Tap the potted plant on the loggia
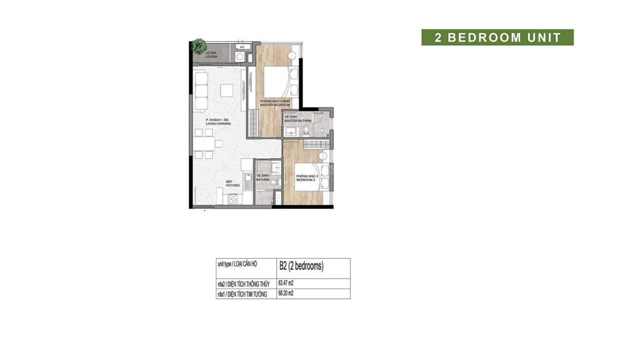199,45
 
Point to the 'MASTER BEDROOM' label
267,104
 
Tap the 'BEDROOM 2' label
306,179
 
